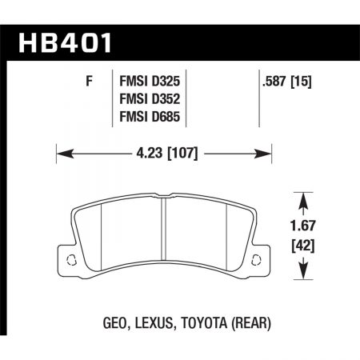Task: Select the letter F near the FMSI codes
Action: click(86, 81)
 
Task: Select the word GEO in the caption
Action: click(109, 322)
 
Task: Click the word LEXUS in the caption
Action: click(149, 322)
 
